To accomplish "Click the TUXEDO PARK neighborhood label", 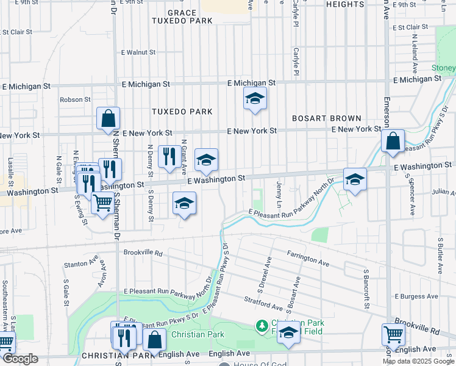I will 182,112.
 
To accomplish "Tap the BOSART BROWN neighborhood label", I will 326,118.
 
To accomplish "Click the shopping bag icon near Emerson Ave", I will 393,141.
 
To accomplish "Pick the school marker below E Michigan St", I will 255,98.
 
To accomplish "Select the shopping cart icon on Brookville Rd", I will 393,334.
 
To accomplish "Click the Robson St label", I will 75,99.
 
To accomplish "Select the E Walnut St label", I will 139,52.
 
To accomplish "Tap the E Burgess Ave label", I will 416,296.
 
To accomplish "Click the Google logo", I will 20,359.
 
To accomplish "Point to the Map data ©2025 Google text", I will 418,361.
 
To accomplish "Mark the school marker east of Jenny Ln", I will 355,179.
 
